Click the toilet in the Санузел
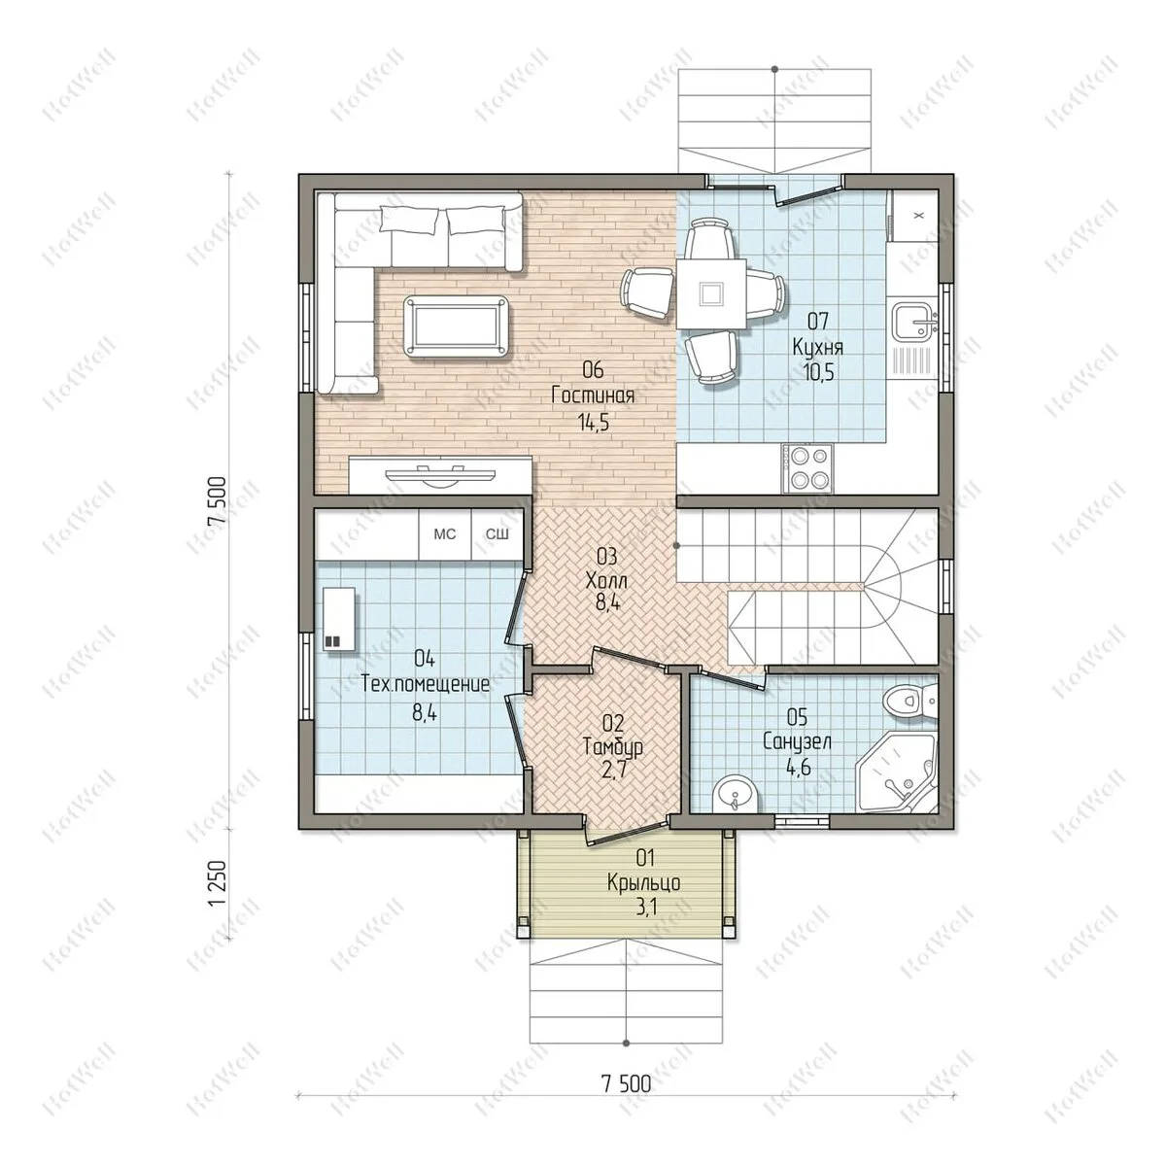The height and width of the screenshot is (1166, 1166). [911, 702]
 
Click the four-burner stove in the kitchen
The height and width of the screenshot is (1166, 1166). [806, 468]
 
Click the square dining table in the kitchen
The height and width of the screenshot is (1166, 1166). [710, 293]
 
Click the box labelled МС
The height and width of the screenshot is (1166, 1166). [445, 534]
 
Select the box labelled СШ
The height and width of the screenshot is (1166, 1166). [497, 534]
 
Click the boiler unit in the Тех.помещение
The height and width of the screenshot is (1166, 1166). [339, 619]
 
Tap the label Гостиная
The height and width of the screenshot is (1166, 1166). [593, 395]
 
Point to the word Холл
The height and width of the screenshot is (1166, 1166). [607, 581]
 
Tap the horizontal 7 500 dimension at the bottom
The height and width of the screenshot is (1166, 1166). [627, 1083]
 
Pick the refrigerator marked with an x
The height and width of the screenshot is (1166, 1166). [914, 216]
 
